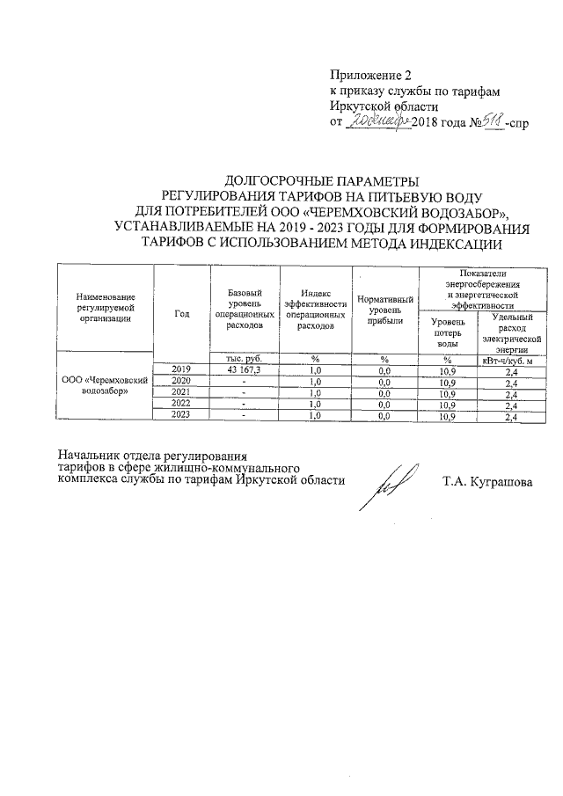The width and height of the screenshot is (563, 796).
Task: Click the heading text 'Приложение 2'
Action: (x=369, y=77)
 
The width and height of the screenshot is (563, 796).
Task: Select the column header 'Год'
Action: (x=182, y=313)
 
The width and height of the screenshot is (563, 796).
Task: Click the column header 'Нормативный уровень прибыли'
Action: (x=384, y=313)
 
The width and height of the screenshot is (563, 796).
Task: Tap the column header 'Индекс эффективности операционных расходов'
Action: (x=315, y=313)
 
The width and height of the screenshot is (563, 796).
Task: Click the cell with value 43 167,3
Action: (x=244, y=371)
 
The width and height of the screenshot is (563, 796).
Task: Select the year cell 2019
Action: (x=182, y=370)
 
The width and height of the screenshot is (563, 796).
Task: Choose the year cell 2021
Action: (x=182, y=393)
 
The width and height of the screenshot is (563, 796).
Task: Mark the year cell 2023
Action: (x=182, y=416)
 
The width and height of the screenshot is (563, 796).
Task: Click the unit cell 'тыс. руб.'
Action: (x=244, y=359)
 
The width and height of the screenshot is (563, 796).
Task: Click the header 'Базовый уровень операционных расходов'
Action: (x=244, y=313)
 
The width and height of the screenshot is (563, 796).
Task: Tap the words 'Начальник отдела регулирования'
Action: (x=150, y=456)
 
